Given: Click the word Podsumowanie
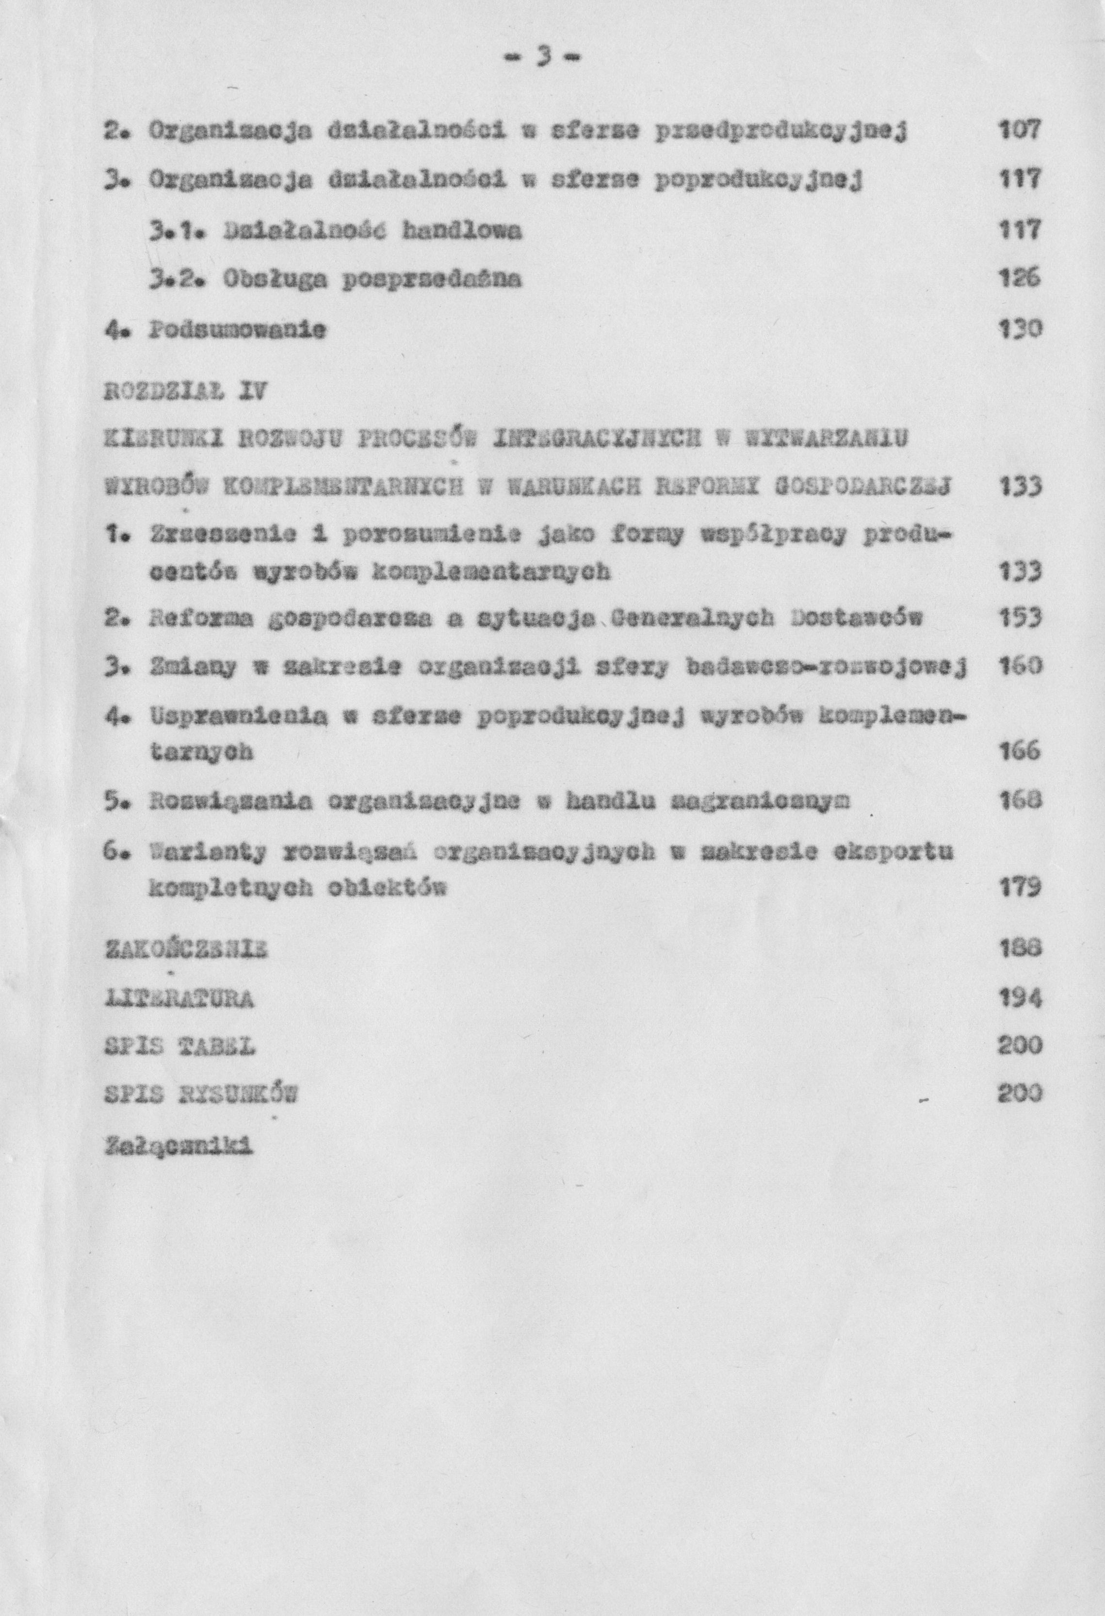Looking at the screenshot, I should [x=236, y=329].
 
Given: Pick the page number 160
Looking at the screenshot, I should [x=1020, y=668].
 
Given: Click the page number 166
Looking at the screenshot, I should [x=1020, y=751].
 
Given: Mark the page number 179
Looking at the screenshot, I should [x=1020, y=887].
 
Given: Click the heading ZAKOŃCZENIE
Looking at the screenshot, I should [x=186, y=948].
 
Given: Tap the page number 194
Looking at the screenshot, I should [x=1020, y=998].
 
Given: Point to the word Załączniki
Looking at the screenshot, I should [x=178, y=1144].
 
